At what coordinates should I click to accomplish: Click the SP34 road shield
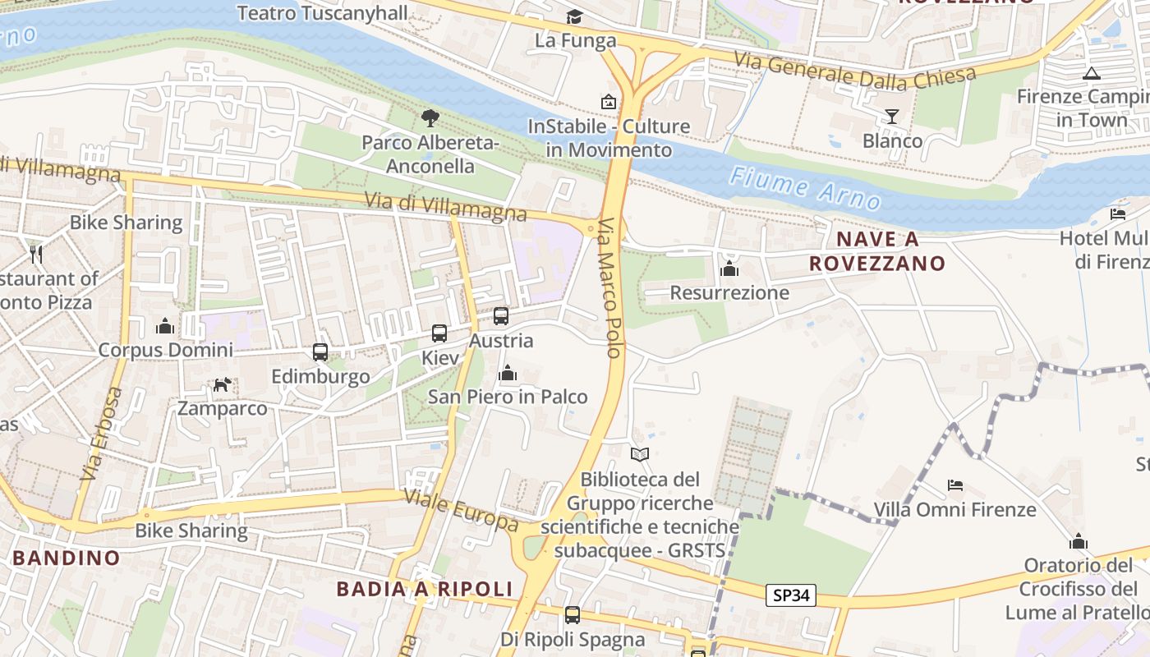tap(791, 595)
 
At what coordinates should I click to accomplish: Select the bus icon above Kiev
tap(439, 333)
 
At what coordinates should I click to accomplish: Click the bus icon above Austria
tap(501, 316)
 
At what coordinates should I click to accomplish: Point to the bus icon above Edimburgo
tap(320, 352)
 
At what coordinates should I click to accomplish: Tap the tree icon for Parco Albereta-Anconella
tap(430, 118)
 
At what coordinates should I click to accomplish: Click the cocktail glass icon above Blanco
tap(892, 116)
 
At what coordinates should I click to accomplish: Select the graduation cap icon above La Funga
tap(574, 16)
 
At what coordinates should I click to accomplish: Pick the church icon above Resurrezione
tap(729, 269)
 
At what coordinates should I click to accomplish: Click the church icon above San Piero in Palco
tap(508, 374)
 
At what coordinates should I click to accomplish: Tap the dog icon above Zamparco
tap(222, 384)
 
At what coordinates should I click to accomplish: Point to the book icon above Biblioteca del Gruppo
tap(640, 454)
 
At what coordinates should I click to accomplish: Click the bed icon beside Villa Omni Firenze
tap(955, 485)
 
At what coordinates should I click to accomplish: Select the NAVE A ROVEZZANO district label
tap(877, 251)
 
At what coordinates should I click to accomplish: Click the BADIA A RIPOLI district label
tap(425, 589)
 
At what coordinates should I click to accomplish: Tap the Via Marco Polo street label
tap(609, 287)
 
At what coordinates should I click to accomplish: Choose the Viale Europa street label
tap(461, 510)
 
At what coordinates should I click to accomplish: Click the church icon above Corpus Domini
tap(165, 327)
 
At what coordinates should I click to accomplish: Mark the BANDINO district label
tap(66, 558)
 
